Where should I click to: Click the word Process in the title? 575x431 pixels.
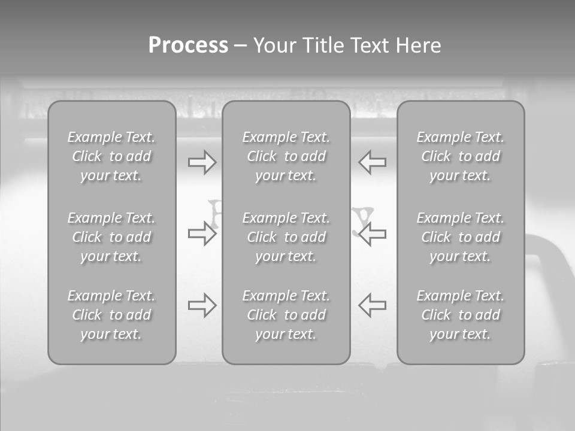(x=188, y=45)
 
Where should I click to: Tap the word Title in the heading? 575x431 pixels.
(x=325, y=45)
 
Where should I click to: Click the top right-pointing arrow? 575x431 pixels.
(x=202, y=162)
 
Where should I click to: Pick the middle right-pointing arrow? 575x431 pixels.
(x=202, y=233)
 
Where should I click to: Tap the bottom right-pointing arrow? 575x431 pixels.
(x=202, y=305)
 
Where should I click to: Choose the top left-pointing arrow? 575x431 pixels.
(x=373, y=162)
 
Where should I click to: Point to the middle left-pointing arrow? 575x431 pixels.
(x=373, y=233)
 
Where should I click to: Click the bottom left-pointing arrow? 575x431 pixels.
(x=373, y=305)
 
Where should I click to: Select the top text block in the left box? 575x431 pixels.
(x=111, y=156)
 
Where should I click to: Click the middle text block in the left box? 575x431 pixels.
(x=111, y=237)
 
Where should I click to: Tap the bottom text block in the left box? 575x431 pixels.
(x=111, y=315)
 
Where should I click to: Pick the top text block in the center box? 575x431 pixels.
(x=286, y=156)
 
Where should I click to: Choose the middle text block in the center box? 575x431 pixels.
(x=286, y=237)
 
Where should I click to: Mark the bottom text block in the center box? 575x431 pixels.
(x=286, y=315)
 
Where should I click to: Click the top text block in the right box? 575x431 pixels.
(x=460, y=156)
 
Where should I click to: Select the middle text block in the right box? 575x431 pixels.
(x=460, y=237)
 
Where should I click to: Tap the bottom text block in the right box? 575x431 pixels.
(x=460, y=315)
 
